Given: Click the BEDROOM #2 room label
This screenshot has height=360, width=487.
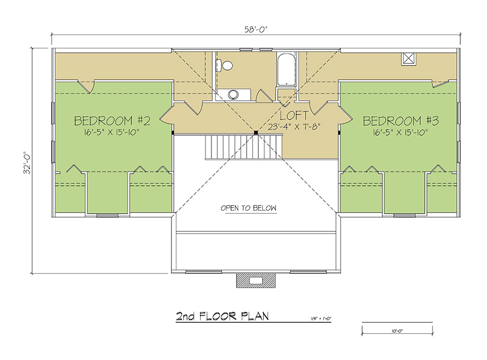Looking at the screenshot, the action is (x=112, y=121).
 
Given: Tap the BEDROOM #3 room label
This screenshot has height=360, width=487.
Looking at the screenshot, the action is (x=401, y=121).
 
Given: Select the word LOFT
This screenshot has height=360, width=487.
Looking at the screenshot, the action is (x=294, y=116).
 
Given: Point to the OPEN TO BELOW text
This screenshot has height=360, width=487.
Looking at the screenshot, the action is (x=248, y=208).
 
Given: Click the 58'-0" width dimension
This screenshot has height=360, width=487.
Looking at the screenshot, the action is (x=255, y=29).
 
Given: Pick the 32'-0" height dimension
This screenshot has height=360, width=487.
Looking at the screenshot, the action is (x=27, y=162).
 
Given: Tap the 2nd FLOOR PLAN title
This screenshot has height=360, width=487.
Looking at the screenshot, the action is (x=223, y=316).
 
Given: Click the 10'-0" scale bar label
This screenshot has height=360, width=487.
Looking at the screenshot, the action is (x=397, y=331).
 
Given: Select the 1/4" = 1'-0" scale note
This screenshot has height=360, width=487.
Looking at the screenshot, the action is (x=321, y=318).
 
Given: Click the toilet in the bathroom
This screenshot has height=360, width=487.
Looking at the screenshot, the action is (x=225, y=66).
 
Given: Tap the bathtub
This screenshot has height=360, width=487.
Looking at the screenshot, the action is (x=286, y=70).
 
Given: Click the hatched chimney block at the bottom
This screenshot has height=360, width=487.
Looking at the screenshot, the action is (x=256, y=280).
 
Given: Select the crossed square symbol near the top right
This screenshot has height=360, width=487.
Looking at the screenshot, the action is (x=409, y=59).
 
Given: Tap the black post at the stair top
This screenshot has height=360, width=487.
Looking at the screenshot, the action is (x=256, y=132).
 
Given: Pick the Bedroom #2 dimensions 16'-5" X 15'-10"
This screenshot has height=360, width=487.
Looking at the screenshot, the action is (x=111, y=132).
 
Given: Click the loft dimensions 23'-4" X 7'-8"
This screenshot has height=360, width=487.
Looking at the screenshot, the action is (x=294, y=127).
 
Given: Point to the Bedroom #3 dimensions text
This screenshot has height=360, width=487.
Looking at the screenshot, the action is (x=400, y=132).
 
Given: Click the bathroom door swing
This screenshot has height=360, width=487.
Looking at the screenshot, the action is (x=263, y=96).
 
